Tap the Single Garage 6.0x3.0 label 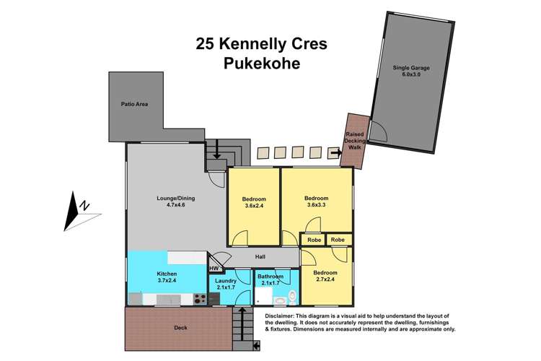point(411,72)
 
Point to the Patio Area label point(134,105)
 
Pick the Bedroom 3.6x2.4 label point(254,203)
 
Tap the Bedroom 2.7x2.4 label point(326,277)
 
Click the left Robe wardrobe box point(312,240)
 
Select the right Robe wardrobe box point(339,240)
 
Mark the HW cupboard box point(214,269)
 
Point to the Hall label point(261,256)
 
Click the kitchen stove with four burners point(200,298)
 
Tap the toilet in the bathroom point(291,297)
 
